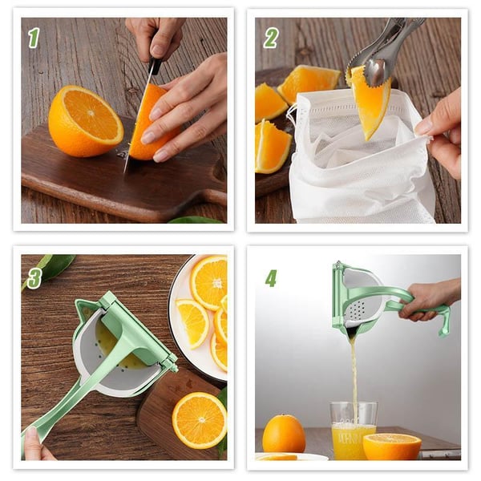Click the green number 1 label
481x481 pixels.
[34, 38]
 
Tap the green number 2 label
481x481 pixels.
[271, 38]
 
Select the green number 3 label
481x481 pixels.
[34, 277]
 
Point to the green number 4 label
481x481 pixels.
[271, 277]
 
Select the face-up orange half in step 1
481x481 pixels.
[85, 121]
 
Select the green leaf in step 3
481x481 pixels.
[55, 267]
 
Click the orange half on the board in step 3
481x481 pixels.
[199, 419]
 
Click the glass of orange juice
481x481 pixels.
[354, 433]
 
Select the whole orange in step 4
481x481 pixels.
[284, 434]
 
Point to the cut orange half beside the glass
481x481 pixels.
[392, 446]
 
